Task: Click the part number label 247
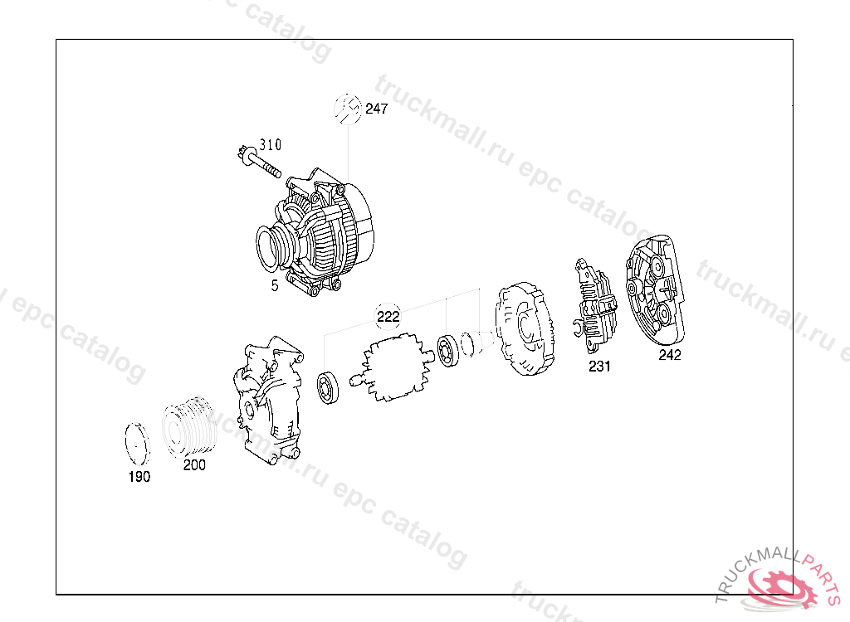tap(376, 109)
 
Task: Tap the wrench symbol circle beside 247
tap(348, 109)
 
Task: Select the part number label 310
tap(270, 144)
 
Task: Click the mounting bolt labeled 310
tap(259, 162)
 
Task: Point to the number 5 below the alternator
tap(275, 285)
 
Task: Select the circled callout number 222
tap(388, 317)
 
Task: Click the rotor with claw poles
tap(393, 368)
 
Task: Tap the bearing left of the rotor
tap(328, 387)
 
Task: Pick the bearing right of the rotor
tap(448, 351)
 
